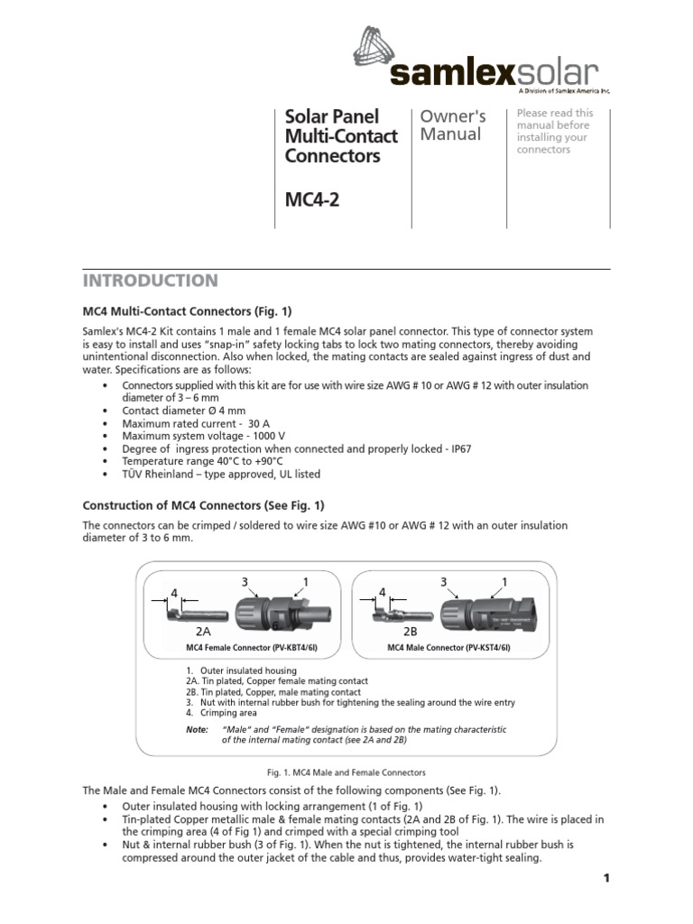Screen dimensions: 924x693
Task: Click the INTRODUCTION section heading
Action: tap(151, 281)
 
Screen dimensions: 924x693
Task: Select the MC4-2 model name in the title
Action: tap(309, 199)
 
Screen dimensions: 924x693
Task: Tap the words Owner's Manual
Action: tap(453, 125)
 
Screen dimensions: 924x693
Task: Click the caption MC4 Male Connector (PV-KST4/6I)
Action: tap(449, 648)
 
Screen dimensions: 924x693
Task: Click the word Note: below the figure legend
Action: tap(197, 728)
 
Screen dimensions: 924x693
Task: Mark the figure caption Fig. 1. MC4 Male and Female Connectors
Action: tap(346, 772)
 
